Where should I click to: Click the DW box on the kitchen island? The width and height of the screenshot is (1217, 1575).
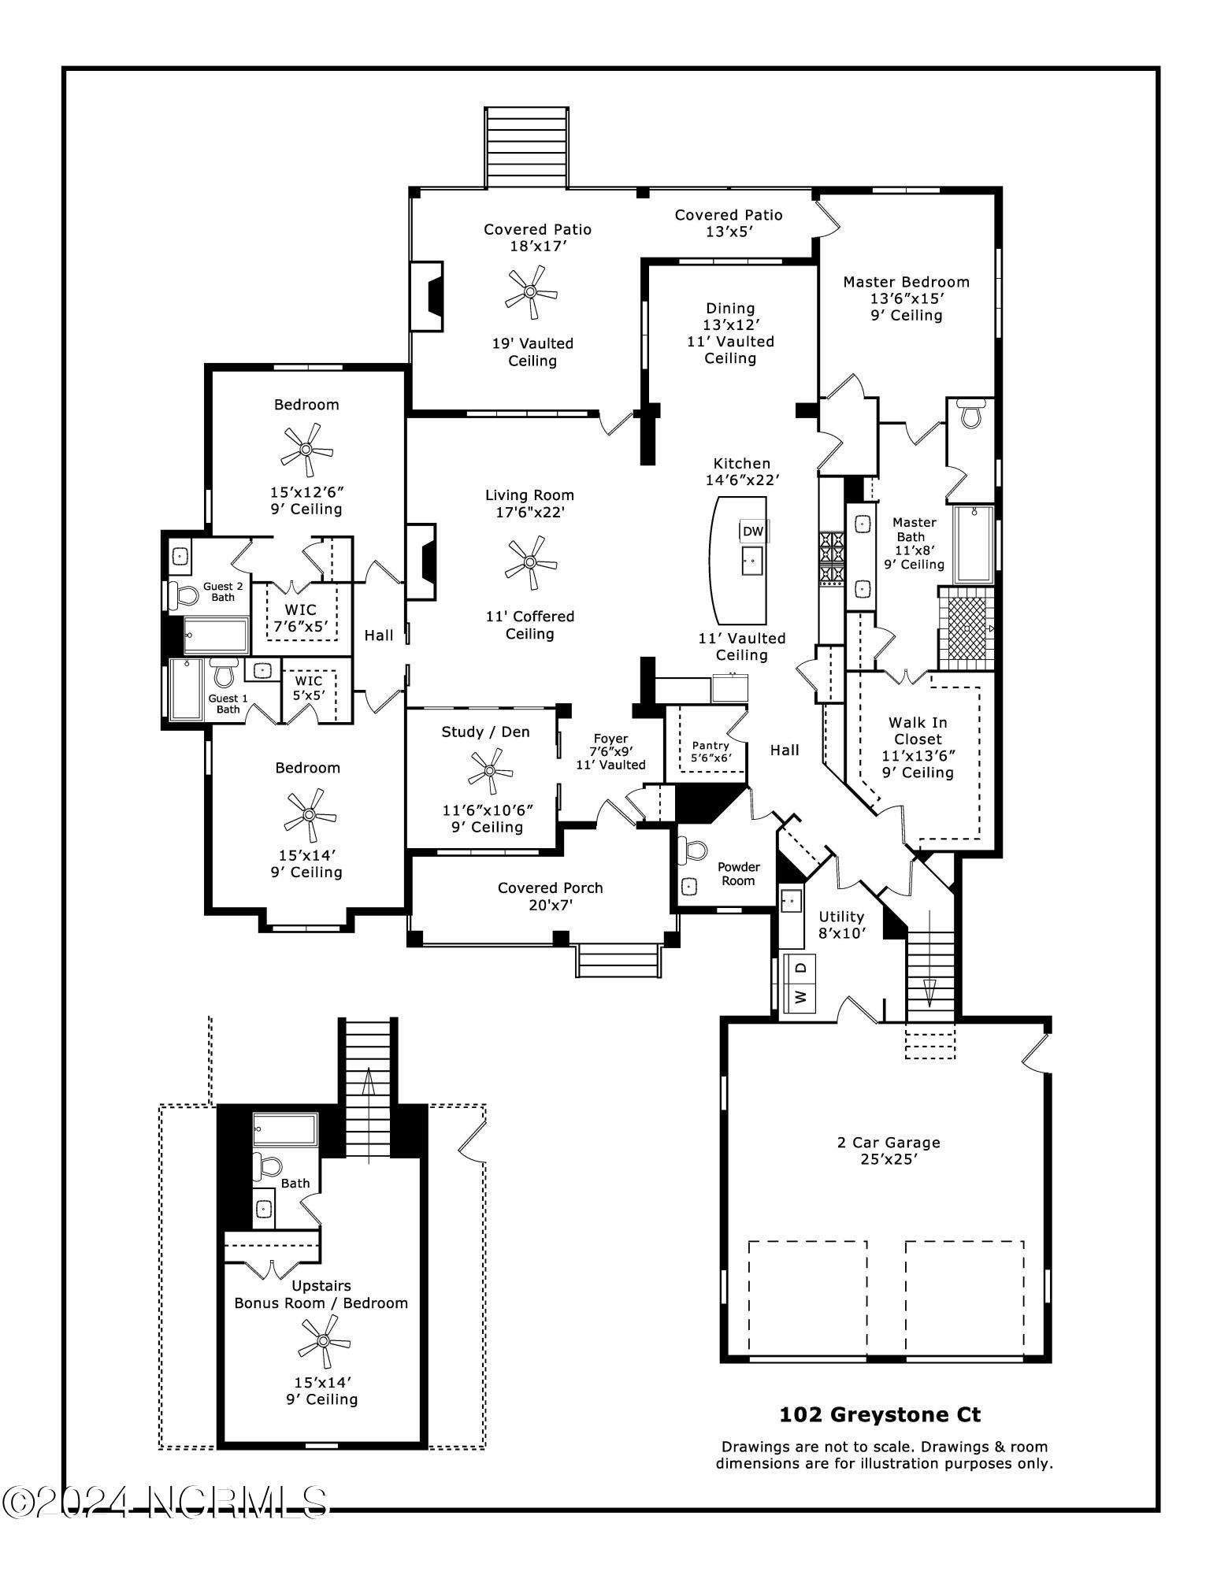tap(753, 532)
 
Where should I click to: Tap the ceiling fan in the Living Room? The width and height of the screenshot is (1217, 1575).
tap(530, 563)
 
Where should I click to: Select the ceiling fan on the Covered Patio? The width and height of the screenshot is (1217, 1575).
tap(531, 292)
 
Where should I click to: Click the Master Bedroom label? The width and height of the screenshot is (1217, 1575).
tap(906, 282)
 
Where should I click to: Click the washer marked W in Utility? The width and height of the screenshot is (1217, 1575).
tap(802, 996)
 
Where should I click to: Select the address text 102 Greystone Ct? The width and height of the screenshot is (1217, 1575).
tap(880, 1414)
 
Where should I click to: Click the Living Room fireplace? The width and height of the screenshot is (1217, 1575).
tap(423, 562)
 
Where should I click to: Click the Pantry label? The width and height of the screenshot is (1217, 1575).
tap(710, 745)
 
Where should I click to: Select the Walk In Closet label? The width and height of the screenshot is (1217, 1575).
tap(918, 731)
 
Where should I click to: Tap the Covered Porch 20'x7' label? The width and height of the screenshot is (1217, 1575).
tap(550, 896)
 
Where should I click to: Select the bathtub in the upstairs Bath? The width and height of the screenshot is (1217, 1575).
tap(285, 1130)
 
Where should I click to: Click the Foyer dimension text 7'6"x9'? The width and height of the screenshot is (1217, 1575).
tap(610, 751)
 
